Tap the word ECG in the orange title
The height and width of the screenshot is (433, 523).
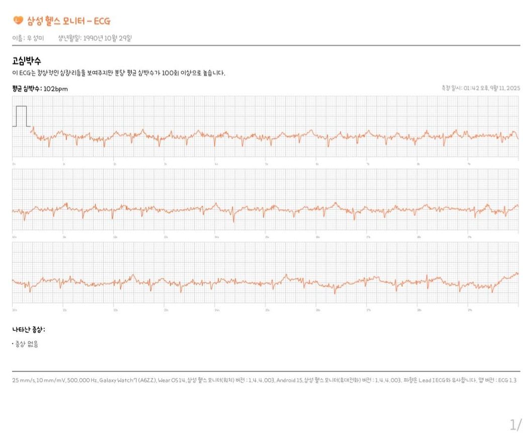click(x=102, y=21)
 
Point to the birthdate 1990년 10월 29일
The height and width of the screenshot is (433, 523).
click(x=108, y=38)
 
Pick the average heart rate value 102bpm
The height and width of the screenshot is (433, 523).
click(x=56, y=89)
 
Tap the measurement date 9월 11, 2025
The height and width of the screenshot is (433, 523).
click(x=503, y=88)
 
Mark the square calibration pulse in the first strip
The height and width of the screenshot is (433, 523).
click(x=21, y=116)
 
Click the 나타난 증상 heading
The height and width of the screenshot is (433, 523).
click(x=29, y=330)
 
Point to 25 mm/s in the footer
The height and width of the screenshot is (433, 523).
click(x=22, y=380)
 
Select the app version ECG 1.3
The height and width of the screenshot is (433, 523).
click(x=506, y=380)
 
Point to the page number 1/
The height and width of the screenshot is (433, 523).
click(x=515, y=424)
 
